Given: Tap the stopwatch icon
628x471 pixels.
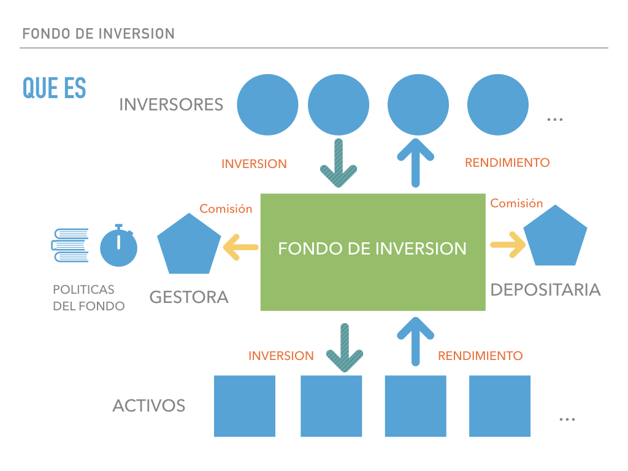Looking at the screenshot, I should coord(119,247).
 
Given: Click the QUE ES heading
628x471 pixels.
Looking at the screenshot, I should coord(54,89).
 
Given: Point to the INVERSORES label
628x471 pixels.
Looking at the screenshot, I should coord(171,104).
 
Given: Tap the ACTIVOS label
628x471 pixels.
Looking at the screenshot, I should coord(149,405).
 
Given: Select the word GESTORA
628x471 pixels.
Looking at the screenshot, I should coord(189,297).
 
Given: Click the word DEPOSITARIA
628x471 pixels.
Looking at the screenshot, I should coord(545,289).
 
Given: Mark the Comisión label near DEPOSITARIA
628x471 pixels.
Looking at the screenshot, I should coord(516,203).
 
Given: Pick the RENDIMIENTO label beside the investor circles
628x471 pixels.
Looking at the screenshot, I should coord(507,163).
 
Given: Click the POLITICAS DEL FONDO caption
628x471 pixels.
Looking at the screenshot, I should coord(88,297).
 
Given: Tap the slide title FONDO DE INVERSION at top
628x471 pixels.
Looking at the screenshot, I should coord(98,34).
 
